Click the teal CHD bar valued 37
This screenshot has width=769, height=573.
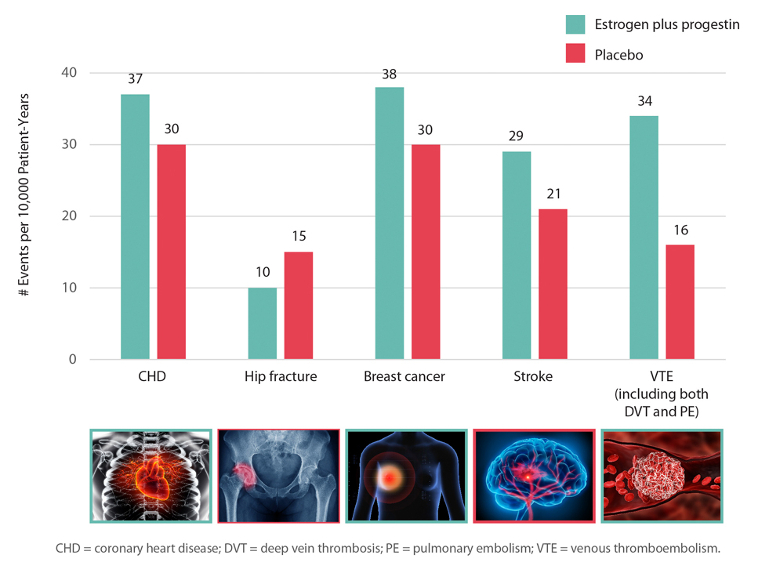click(135, 227)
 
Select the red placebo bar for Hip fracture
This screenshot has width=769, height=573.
click(299, 306)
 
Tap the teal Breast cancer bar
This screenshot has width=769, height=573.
click(390, 223)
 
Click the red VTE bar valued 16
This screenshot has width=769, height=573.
click(680, 303)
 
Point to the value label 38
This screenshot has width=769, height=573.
click(390, 75)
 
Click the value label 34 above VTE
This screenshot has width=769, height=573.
click(644, 101)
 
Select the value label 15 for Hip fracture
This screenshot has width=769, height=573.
click(299, 236)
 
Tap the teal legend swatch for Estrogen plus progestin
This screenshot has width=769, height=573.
click(576, 24)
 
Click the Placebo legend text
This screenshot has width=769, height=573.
click(619, 55)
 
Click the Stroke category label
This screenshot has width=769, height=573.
click(534, 377)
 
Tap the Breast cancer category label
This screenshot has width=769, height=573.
click(404, 377)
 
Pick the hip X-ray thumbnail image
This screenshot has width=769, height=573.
click(278, 476)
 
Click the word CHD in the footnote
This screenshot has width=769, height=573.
click(69, 549)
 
